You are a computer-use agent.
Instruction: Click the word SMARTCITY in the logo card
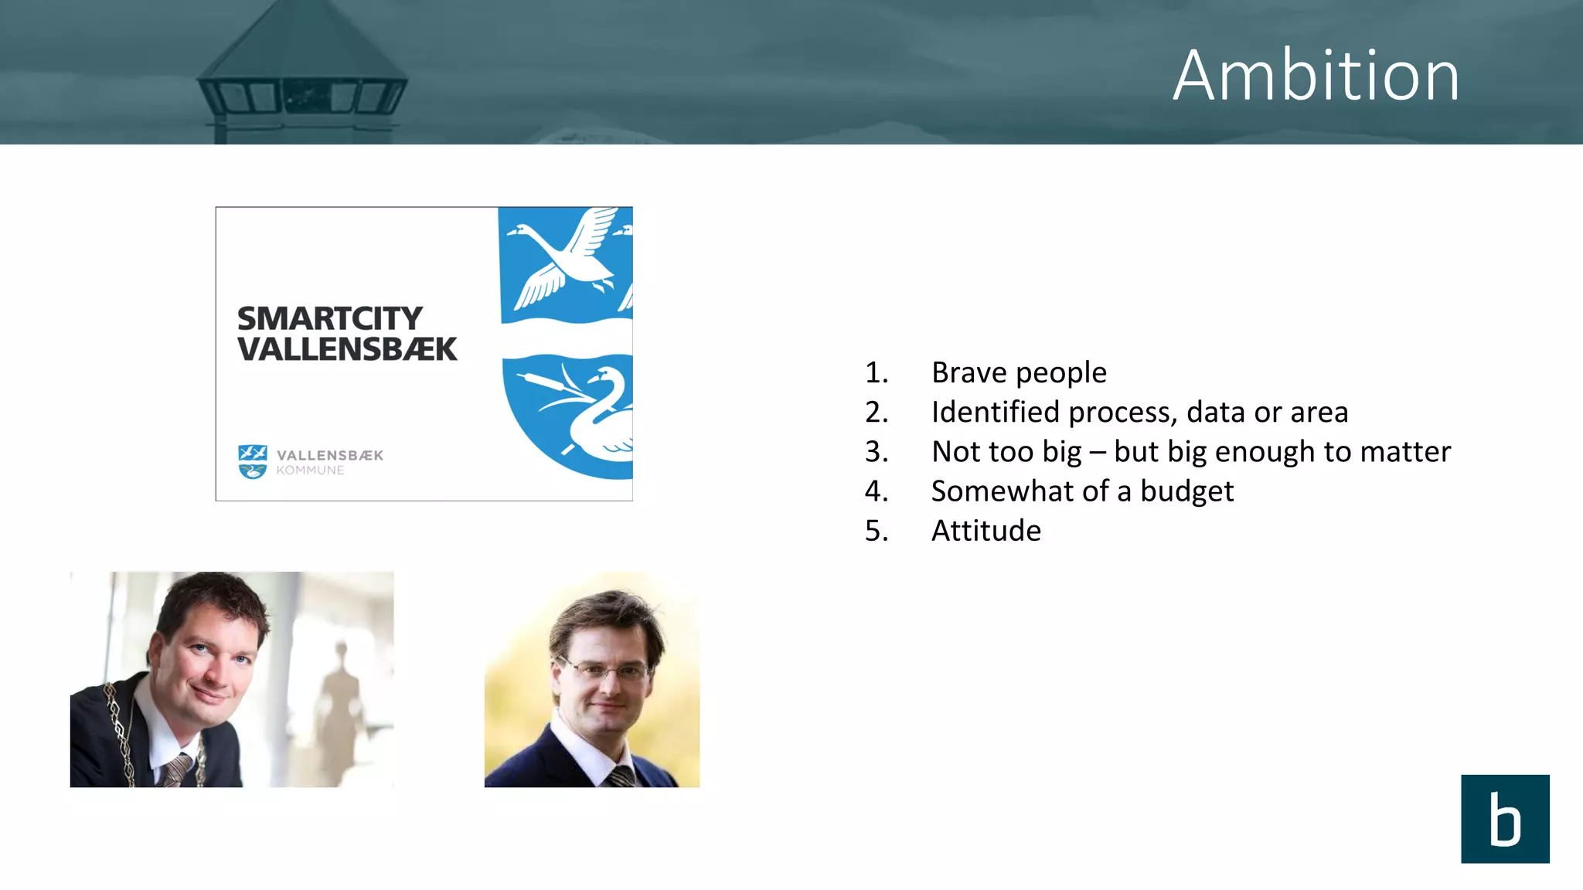[329, 318]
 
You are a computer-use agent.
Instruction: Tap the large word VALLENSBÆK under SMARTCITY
[347, 349]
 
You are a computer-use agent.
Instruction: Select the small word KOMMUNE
[310, 470]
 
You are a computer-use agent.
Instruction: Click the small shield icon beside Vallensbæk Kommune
[252, 461]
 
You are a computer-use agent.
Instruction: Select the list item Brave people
[1019, 372]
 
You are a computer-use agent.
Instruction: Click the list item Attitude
[986, 531]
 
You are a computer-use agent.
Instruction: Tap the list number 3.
[875, 451]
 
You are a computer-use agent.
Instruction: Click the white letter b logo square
[1504, 818]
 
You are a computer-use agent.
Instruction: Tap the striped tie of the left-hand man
[176, 769]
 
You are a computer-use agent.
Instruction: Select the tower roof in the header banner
[301, 46]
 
